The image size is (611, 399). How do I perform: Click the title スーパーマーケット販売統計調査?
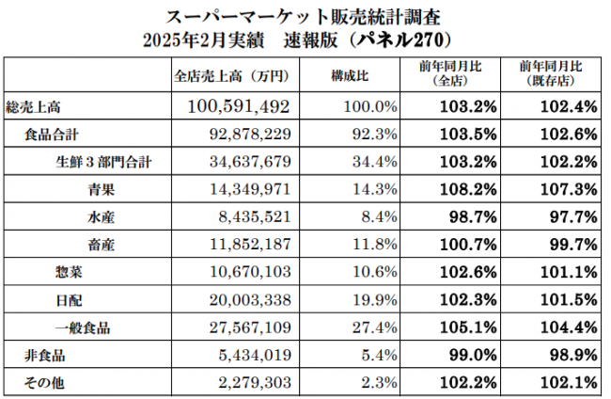click(305, 17)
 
